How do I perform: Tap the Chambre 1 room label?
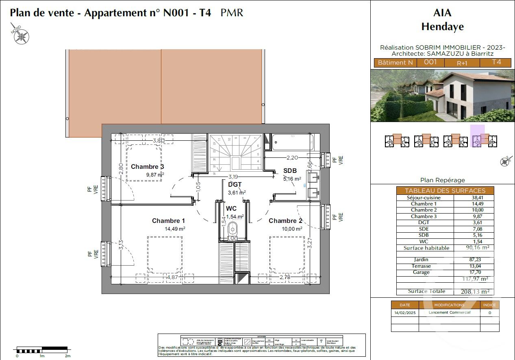(x=168, y=221)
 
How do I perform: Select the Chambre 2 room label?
(x=285, y=221)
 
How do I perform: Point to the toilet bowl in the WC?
(x=233, y=228)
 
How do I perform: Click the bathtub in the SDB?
(x=293, y=142)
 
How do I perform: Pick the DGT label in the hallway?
(x=235, y=185)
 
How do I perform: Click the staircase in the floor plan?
(x=235, y=154)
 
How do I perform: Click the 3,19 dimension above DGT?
(x=233, y=177)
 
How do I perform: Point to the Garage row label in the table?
(x=421, y=272)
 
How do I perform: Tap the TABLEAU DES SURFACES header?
(x=445, y=190)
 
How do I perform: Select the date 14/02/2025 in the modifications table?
(x=404, y=313)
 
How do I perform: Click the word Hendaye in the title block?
(x=442, y=27)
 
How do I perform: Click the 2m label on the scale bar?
(x=67, y=356)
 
